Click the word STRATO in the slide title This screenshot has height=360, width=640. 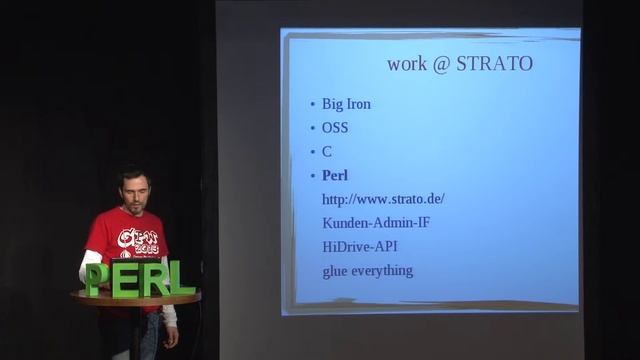tap(495, 65)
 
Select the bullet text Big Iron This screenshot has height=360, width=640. tap(346, 103)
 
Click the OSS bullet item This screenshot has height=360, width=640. tap(335, 128)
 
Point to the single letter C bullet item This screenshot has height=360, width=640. tap(327, 152)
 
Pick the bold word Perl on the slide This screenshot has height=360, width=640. tap(335, 176)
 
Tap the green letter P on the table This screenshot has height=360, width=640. tap(95, 278)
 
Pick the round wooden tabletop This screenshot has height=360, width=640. tap(135, 297)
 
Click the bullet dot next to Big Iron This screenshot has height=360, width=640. tap(313, 104)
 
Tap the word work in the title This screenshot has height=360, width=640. tap(406, 65)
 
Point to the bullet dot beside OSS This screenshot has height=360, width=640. tap(313, 129)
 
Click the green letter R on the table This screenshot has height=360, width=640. tap(152, 278)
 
